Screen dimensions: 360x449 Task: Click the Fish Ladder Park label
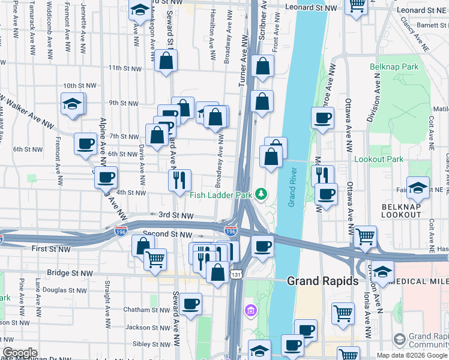coord(220,194)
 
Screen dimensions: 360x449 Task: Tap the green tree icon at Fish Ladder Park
coord(261,194)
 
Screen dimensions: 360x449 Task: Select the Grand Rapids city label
coord(322,281)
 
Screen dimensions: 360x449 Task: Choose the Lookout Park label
coord(379,159)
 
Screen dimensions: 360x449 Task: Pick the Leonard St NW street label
coord(310,8)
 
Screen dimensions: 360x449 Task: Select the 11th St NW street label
coord(124,68)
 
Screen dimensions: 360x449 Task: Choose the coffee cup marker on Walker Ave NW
coord(85,143)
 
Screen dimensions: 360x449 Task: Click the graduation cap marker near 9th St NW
coord(73,104)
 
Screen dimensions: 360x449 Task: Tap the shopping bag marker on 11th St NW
coord(166,60)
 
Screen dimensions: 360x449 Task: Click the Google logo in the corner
coord(20,353)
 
